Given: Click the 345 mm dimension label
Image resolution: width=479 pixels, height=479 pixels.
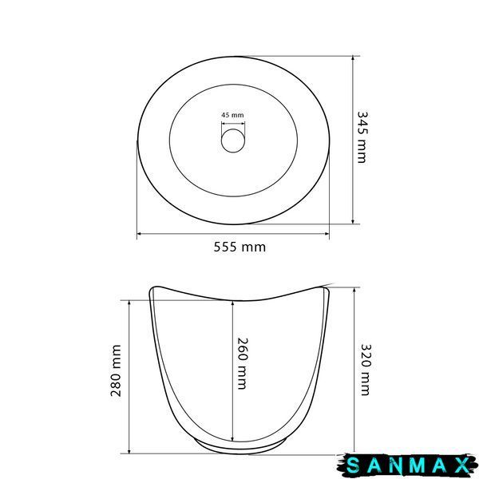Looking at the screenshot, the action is click(362, 137).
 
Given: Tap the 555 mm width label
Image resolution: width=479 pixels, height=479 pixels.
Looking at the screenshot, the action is click(239, 247).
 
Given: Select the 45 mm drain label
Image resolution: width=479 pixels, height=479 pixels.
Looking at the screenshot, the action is click(233, 115).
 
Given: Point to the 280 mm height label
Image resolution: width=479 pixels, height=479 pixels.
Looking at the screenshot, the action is click(116, 370).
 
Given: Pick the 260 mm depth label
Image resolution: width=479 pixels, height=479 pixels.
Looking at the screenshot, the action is click(243, 363).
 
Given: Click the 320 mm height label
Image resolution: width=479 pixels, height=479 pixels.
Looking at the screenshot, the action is click(366, 370).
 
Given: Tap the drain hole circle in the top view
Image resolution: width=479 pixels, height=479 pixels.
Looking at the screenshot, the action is click(233, 141).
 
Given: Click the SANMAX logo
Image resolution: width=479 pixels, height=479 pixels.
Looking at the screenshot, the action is click(407, 466).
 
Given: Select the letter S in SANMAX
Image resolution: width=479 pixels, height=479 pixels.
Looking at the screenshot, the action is click(354, 466).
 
